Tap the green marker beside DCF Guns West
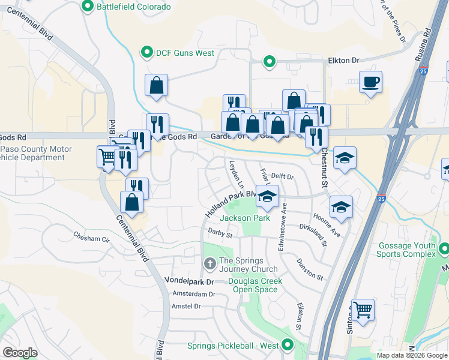[146, 53]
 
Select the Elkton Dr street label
[343, 61]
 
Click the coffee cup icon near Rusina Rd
[370, 83]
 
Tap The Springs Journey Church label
[248, 265]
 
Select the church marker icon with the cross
[209, 262]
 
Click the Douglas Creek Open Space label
[255, 285]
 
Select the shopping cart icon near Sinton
[363, 310]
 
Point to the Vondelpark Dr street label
[189, 281]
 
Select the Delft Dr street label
[282, 176]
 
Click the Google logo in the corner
[20, 353]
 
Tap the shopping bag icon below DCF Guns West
[156, 86]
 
